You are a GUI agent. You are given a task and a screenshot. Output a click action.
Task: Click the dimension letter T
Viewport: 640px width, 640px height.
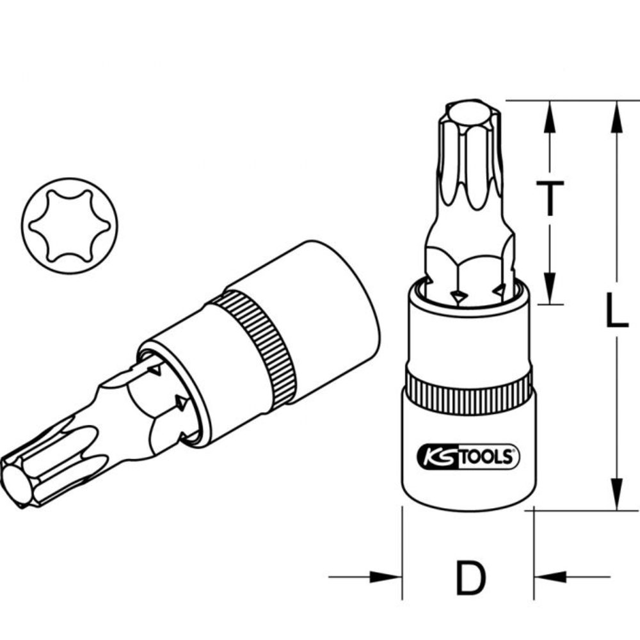(550, 198)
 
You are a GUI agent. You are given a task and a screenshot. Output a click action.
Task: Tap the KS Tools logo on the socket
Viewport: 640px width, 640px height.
(468, 456)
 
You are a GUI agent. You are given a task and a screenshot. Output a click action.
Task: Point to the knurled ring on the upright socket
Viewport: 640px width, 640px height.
(468, 388)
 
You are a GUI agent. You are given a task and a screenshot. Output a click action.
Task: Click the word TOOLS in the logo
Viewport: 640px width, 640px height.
(488, 456)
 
